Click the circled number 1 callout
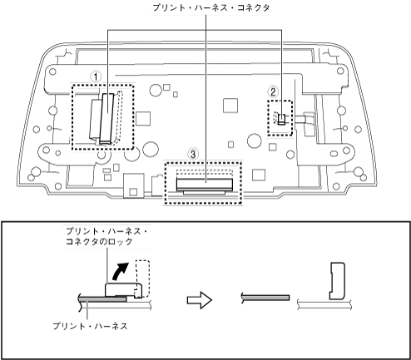click(x=96, y=76)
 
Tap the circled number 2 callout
click(x=273, y=91)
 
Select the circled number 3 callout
click(x=193, y=154)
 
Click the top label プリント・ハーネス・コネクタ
click(x=211, y=7)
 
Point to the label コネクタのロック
click(x=99, y=242)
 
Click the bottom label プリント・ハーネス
click(x=91, y=326)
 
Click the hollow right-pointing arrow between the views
click(x=200, y=300)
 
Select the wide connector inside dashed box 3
click(x=205, y=185)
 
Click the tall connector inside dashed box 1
click(x=106, y=118)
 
